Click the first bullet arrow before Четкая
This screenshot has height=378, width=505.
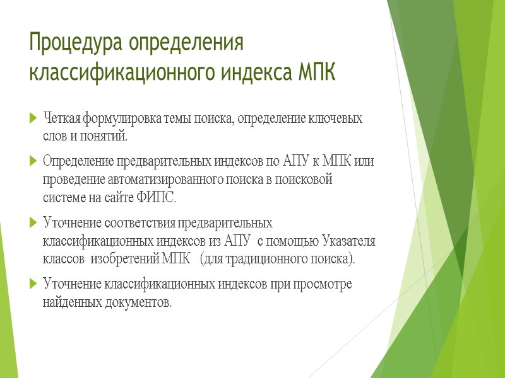pyautogui.click(x=33, y=119)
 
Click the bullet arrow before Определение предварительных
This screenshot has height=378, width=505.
pyautogui.click(x=33, y=161)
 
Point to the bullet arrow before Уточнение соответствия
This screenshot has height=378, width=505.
pyautogui.click(x=33, y=222)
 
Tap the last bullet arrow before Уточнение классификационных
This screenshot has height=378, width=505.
pyautogui.click(x=33, y=284)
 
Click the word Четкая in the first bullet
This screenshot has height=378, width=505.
pyautogui.click(x=61, y=118)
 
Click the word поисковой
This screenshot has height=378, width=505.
pyautogui.click(x=306, y=180)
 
